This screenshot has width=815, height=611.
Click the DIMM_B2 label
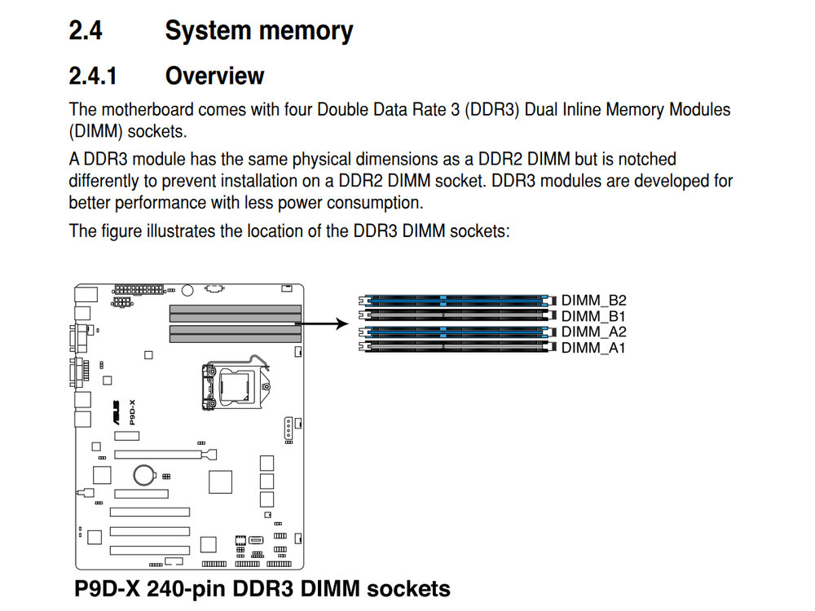(593, 300)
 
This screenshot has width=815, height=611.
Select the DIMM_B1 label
(593, 316)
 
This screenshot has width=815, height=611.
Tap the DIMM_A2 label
(593, 332)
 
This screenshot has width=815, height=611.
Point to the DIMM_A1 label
(593, 349)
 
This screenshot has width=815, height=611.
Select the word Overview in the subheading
(214, 77)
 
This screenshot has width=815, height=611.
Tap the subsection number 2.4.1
(93, 77)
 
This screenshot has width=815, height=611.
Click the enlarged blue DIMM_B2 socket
(456, 300)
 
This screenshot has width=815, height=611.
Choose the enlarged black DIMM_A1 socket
(456, 349)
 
